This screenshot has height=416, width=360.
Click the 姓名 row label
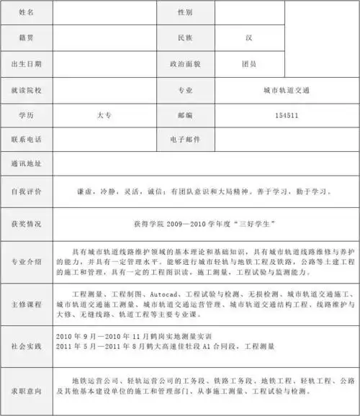coord(26,12)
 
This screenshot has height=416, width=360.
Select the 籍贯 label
coord(26,36)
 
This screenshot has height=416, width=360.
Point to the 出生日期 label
coord(26,63)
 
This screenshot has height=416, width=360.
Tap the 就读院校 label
coord(26,91)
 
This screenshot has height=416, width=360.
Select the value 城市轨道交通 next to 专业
coord(287,91)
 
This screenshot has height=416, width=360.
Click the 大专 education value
coord(104,115)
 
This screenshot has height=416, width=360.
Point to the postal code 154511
coord(287,115)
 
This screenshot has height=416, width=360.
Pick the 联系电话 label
coord(26,138)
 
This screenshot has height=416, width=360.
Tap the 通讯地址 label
coord(26,163)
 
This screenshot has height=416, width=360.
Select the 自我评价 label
coord(26,192)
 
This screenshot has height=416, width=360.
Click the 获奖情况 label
coord(26,224)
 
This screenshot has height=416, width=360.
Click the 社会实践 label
coord(26,346)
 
